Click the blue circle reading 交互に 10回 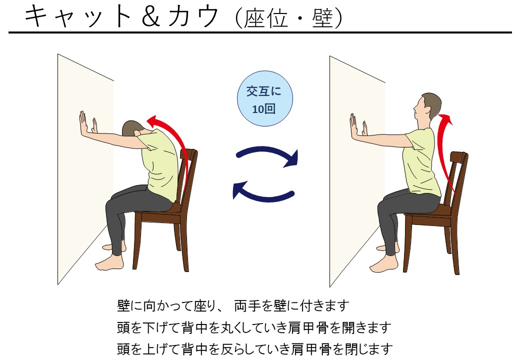tap(264, 98)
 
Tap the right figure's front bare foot tap(384, 263)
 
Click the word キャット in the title tap(78, 16)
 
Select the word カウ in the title tap(193, 16)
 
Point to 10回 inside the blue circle tap(263, 108)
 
